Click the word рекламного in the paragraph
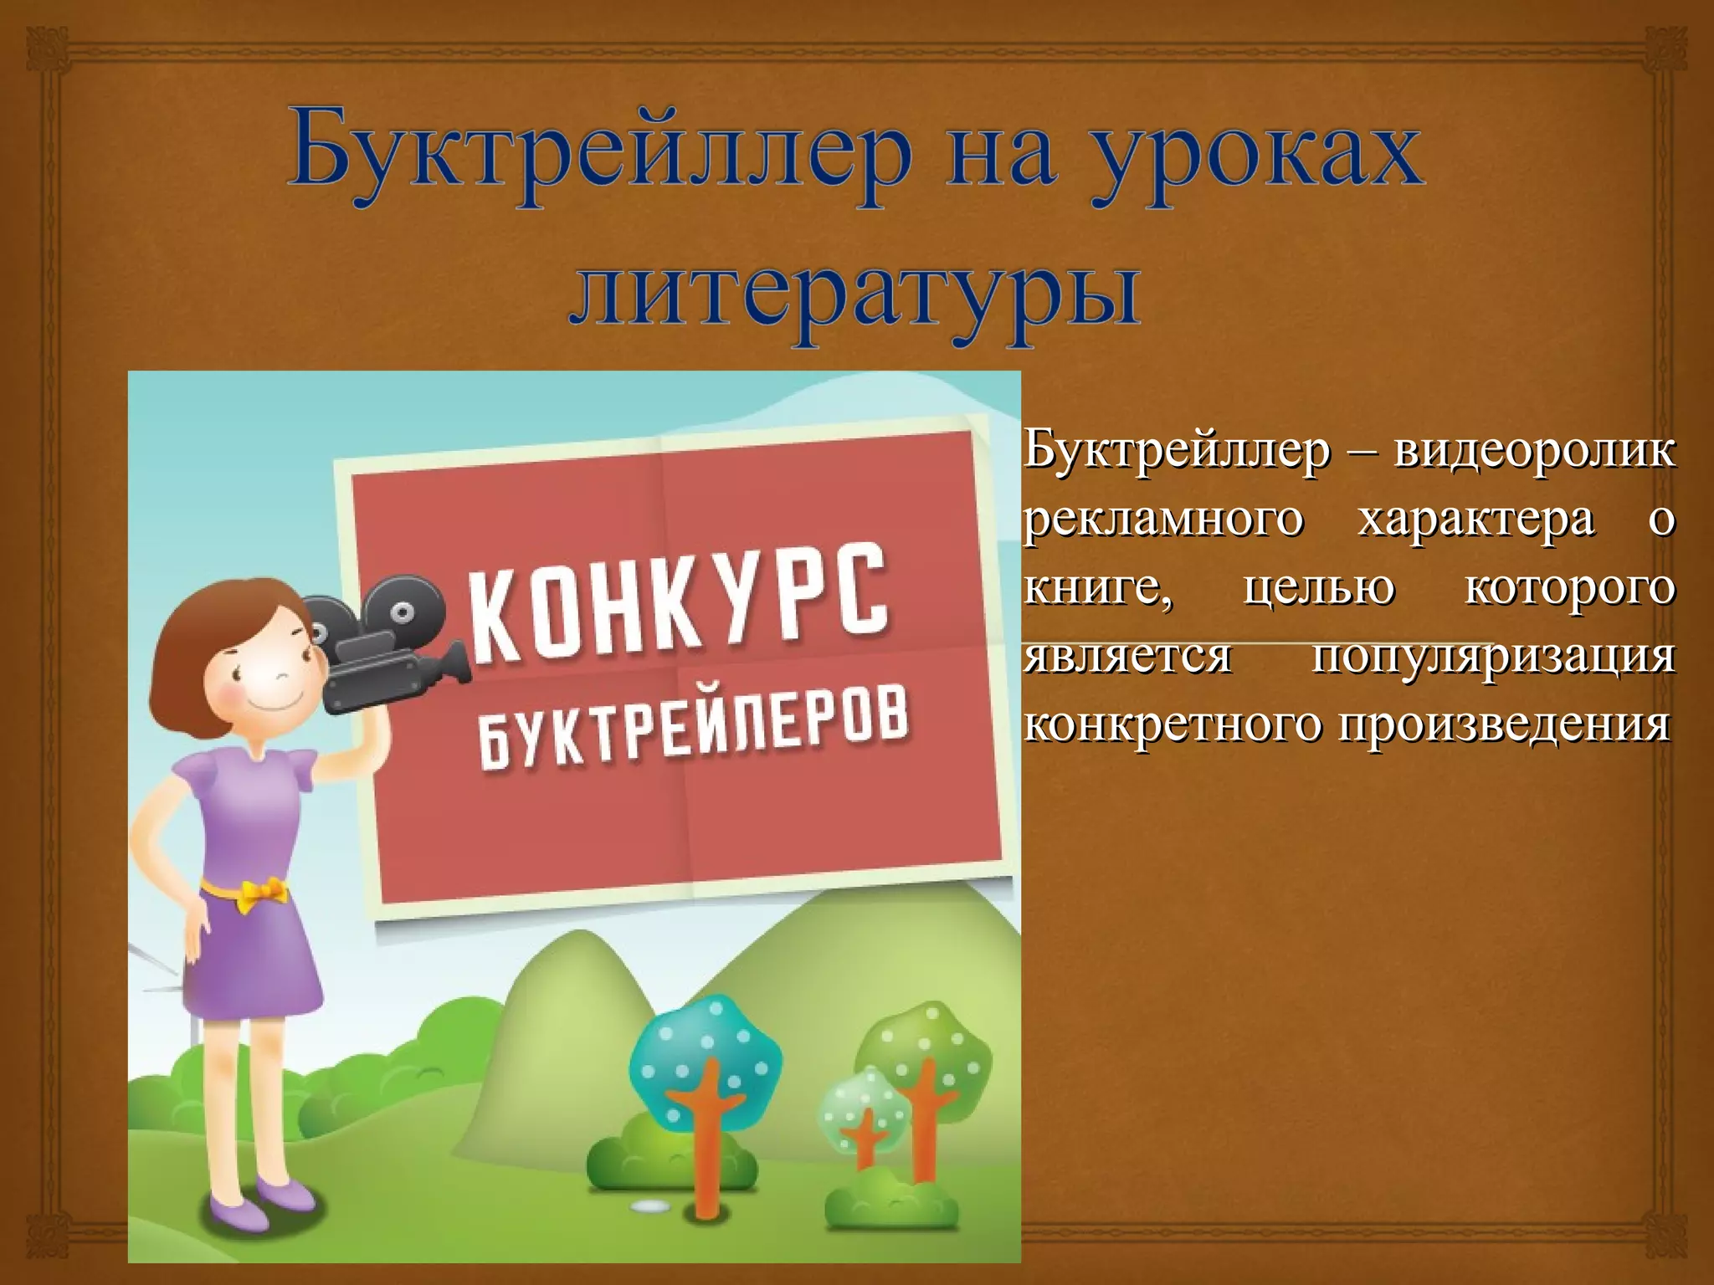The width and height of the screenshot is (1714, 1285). (1164, 520)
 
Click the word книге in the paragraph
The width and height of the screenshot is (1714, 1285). (1097, 588)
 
